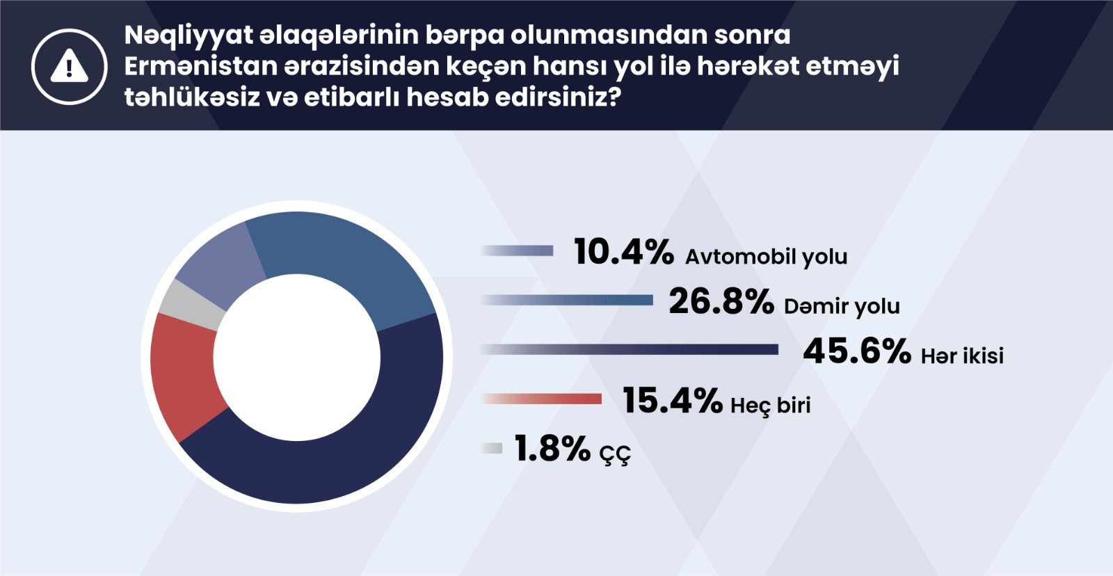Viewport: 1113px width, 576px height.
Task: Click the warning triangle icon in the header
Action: (x=70, y=65)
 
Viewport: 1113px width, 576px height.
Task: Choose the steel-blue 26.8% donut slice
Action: (x=348, y=258)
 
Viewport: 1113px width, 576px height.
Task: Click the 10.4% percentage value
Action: (x=623, y=251)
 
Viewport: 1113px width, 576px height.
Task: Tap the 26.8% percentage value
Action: (x=721, y=301)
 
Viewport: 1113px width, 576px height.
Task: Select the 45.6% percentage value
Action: (x=857, y=351)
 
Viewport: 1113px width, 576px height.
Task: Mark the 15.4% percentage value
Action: (x=672, y=400)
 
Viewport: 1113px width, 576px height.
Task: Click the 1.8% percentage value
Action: (x=552, y=448)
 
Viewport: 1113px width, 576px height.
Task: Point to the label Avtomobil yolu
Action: (x=766, y=257)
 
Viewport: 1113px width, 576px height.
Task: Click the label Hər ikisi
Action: (x=963, y=356)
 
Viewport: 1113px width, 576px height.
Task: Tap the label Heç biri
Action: (x=770, y=406)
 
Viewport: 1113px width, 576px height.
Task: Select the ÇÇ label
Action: (x=615, y=454)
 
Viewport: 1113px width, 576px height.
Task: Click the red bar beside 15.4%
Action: (x=542, y=399)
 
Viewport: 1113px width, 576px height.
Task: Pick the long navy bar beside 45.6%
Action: (x=630, y=349)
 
